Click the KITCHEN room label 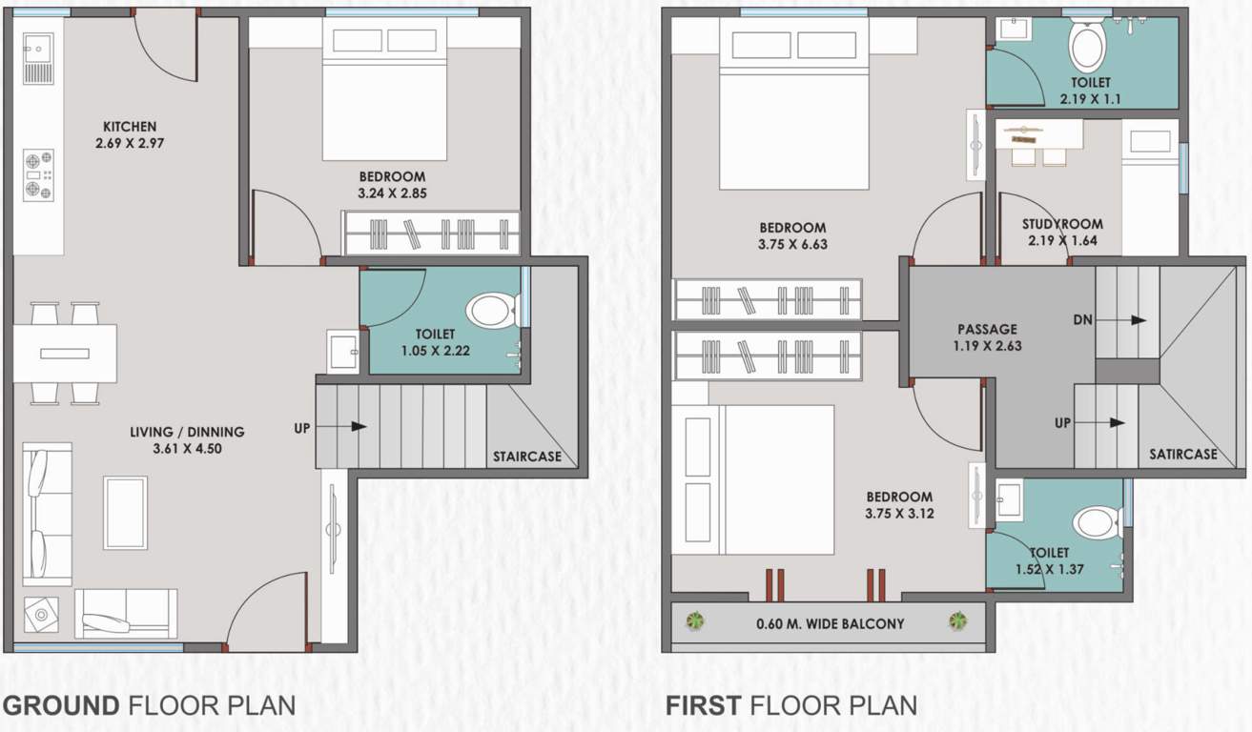point(130,127)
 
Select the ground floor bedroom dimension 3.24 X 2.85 point(392,194)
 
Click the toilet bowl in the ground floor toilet point(491,311)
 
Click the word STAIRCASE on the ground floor point(526,457)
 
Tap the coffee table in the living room point(125,513)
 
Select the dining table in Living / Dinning point(65,353)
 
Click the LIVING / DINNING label point(187,432)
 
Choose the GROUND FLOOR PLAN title point(149,706)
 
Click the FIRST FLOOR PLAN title point(791,706)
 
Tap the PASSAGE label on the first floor point(988,330)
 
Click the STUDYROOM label point(1062,225)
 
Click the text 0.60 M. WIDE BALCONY point(830,624)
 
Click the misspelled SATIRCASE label point(1182,455)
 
